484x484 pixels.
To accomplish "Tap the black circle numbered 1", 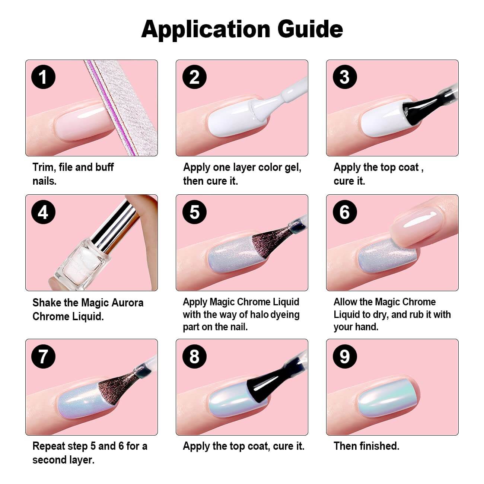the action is pos(43,77).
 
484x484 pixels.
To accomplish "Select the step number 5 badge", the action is pos(194,212).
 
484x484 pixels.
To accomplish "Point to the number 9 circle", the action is pos(345,356).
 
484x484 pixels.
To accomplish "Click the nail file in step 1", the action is pos(121,108).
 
